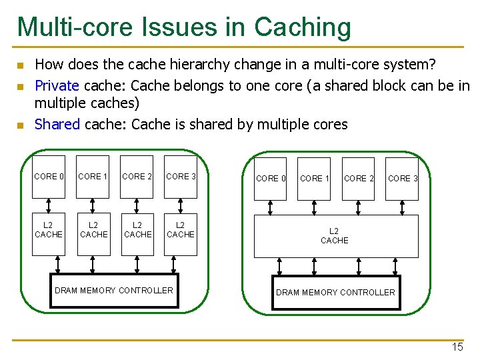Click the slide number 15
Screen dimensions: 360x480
(x=457, y=347)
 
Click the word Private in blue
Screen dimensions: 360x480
(x=57, y=85)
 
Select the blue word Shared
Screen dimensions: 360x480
(x=57, y=124)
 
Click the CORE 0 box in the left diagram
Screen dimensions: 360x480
(x=49, y=177)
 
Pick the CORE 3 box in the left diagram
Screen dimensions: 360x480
(x=181, y=177)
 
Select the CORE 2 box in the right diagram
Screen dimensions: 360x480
(x=359, y=178)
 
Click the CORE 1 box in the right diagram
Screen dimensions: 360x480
(x=315, y=178)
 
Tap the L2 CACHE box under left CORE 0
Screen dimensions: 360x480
(x=49, y=230)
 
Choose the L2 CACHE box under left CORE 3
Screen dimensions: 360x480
(x=181, y=230)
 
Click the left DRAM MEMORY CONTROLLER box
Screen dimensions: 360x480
(x=114, y=290)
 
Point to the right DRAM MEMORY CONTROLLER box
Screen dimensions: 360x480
(x=335, y=292)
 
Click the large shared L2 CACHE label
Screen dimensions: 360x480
(x=334, y=236)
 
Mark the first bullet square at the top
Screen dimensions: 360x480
(x=21, y=65)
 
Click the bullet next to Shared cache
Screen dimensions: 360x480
(x=21, y=125)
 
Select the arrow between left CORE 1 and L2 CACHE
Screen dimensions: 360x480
(x=93, y=205)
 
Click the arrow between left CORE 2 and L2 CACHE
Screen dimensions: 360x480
(x=137, y=205)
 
